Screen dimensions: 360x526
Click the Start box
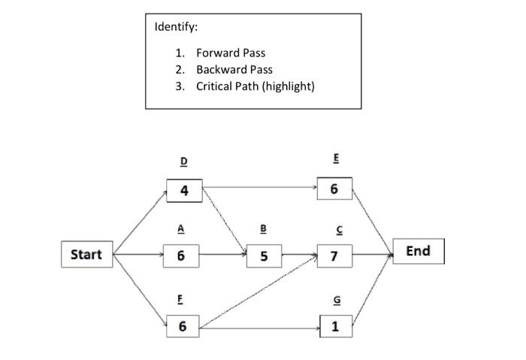[86, 254]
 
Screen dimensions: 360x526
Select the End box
[418, 251]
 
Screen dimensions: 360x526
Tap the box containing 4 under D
[184, 190]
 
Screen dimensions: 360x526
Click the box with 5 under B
[264, 256]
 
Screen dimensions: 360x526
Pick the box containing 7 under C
[334, 256]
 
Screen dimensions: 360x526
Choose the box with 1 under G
[334, 326]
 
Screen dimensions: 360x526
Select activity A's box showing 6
[181, 256]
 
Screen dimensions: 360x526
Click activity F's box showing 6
[183, 326]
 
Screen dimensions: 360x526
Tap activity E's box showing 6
[334, 190]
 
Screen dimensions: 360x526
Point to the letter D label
[184, 162]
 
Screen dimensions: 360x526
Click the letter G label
[335, 299]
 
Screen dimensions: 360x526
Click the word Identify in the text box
[176, 27]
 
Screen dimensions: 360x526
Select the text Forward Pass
[231, 53]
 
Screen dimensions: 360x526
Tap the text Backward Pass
[234, 69]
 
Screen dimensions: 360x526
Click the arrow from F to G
[259, 328]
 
